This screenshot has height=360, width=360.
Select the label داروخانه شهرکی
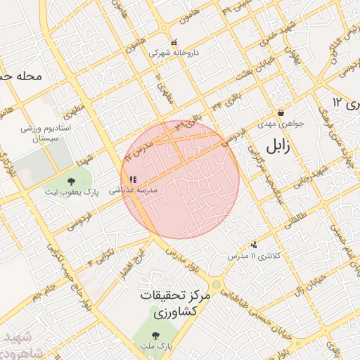coord(174,53)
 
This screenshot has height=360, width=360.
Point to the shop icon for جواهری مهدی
coord(281,112)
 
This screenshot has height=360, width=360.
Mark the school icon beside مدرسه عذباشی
coord(133,179)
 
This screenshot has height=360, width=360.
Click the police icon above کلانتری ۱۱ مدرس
coord(254,245)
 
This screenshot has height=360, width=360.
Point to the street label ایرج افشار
coord(141,262)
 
